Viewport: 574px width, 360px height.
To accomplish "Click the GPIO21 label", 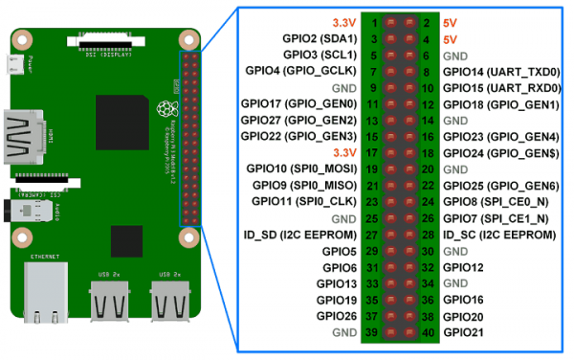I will tap(465, 331).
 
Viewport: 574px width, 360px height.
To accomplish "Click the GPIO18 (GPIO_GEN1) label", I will tap(501, 103).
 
